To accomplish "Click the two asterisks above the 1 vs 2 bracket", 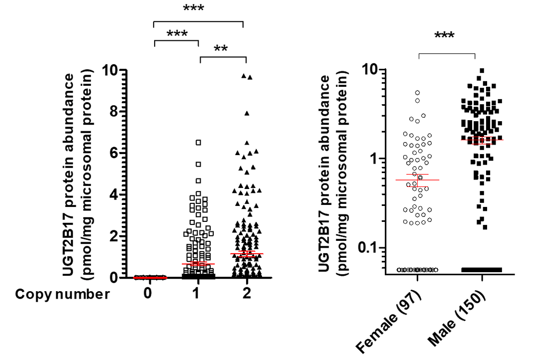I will click(221, 49).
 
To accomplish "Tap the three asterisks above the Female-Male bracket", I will click(445, 37).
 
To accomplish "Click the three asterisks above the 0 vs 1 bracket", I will click(177, 34).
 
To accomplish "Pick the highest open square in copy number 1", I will click(199, 142).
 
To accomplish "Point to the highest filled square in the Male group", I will click(482, 70).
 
